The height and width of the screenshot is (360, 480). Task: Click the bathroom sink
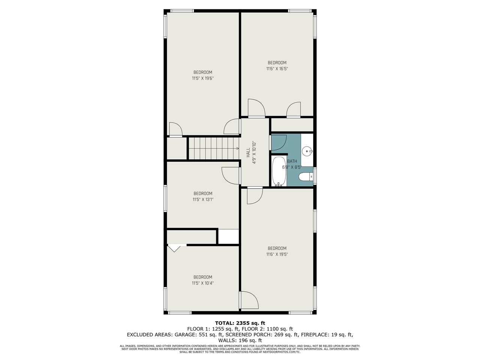307,151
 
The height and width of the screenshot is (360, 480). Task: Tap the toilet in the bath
306,177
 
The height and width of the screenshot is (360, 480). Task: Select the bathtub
279,171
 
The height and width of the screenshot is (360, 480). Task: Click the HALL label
248,153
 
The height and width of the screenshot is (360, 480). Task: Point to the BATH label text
292,161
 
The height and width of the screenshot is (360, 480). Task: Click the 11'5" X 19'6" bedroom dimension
203,78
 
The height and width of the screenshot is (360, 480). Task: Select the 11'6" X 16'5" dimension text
277,69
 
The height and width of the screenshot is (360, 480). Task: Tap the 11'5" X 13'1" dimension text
203,199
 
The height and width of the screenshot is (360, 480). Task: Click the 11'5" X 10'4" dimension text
203,283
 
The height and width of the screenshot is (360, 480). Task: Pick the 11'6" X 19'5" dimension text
277,254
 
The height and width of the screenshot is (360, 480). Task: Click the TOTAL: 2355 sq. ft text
240,323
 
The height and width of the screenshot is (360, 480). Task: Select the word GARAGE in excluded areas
186,334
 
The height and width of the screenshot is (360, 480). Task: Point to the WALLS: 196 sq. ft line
240,340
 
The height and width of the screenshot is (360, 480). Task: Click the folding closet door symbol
174,249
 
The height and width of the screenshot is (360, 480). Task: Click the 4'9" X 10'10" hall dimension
254,153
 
